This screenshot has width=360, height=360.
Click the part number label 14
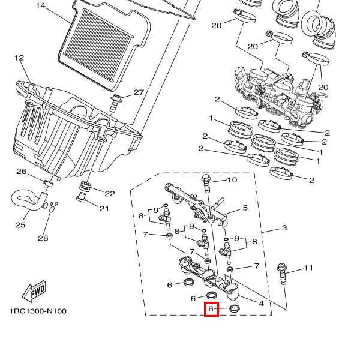(x=41, y=5)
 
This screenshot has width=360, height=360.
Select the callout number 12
(x=19, y=58)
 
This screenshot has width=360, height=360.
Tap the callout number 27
(x=139, y=92)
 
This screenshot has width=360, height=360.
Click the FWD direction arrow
(x=34, y=292)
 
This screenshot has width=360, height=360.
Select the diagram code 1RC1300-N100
(x=38, y=311)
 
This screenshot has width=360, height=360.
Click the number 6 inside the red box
(x=211, y=309)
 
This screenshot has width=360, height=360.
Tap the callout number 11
(x=308, y=268)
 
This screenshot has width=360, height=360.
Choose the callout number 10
(x=232, y=180)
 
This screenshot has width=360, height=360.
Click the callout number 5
(x=245, y=208)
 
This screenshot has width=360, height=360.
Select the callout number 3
(x=284, y=228)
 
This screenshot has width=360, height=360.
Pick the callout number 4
(x=261, y=304)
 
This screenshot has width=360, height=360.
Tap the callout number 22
(x=110, y=194)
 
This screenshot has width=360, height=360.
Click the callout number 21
(x=104, y=209)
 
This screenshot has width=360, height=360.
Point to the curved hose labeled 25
(x=29, y=200)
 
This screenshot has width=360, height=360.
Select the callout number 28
(x=43, y=238)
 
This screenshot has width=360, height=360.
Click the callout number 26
(x=21, y=172)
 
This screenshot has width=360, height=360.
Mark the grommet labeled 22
(x=85, y=186)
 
